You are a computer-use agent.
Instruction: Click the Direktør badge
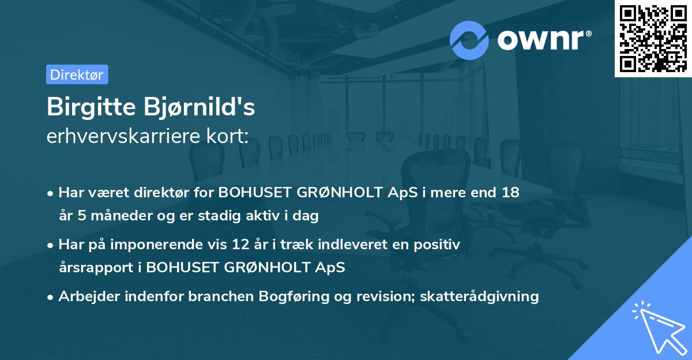click(x=77, y=74)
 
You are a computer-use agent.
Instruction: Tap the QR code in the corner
click(x=653, y=38)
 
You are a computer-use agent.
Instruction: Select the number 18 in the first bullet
click(x=510, y=193)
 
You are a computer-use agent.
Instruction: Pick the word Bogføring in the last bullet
click(x=294, y=297)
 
